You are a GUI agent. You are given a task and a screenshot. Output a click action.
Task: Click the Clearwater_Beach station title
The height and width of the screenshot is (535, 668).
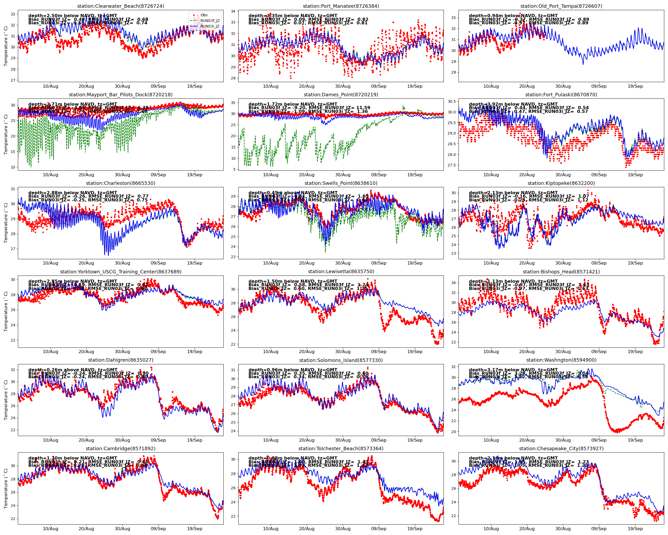click(121, 6)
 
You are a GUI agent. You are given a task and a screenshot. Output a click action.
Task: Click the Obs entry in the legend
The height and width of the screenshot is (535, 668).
click(204, 15)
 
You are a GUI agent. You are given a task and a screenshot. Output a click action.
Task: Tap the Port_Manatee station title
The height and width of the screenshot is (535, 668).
click(341, 6)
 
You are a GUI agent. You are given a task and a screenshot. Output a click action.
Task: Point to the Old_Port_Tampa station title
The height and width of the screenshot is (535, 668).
click(561, 6)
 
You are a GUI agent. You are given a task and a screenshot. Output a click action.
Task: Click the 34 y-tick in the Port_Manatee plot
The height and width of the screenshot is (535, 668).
click(233, 11)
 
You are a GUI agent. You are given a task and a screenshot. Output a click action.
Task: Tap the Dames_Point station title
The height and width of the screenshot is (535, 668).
click(341, 95)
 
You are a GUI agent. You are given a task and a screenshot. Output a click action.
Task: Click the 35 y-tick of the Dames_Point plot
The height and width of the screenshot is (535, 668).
click(233, 103)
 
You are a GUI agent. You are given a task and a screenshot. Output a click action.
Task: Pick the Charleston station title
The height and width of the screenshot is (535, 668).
click(121, 183)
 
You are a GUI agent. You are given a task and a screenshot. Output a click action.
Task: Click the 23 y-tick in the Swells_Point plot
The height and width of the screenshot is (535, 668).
click(233, 257)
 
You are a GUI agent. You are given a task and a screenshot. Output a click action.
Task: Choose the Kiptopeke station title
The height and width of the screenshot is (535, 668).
click(561, 183)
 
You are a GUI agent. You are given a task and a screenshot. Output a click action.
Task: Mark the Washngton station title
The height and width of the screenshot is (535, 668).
click(561, 360)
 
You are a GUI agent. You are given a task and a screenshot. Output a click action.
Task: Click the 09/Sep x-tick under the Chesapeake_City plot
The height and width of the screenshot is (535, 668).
click(599, 529)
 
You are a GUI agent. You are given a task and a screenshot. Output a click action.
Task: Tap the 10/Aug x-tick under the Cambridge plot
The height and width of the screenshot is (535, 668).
click(50, 529)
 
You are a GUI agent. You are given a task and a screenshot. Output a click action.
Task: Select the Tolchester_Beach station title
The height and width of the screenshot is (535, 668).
click(341, 449)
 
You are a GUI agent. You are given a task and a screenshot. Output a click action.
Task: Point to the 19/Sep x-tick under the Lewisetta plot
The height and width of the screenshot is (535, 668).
click(414, 352)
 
